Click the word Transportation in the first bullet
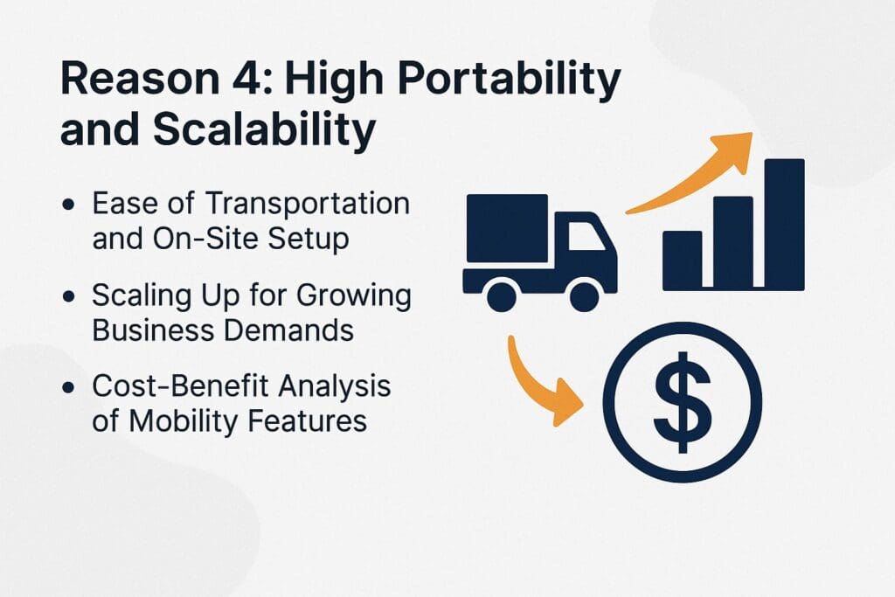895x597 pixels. click(x=307, y=204)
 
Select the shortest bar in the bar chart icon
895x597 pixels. click(x=682, y=260)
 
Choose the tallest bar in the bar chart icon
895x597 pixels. click(x=784, y=224)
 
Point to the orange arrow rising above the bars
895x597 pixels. click(x=699, y=175)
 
